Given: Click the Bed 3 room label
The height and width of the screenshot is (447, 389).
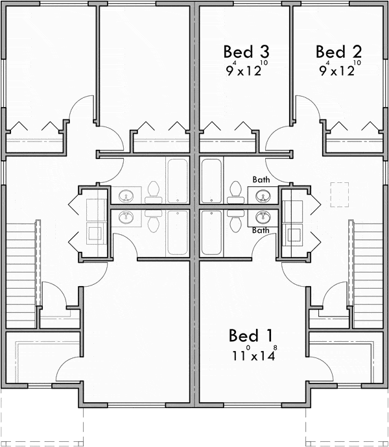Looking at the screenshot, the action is click(246, 52).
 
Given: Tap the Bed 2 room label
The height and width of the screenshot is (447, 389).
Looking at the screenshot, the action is click(338, 52).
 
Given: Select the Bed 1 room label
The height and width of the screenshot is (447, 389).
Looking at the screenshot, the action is click(250, 335).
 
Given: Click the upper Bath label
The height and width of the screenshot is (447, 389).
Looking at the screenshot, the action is click(261, 180).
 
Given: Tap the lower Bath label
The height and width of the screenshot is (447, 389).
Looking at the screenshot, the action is click(261, 230).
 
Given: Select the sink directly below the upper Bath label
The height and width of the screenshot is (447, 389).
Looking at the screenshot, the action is click(262, 196).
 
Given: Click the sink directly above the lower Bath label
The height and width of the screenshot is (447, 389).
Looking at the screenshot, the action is click(262, 217).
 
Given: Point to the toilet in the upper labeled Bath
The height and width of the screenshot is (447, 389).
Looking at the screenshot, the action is click(236, 192).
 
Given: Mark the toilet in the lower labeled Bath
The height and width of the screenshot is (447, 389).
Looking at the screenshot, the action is click(236, 221).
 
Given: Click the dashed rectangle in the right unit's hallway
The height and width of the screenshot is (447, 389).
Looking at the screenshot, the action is click(340, 195).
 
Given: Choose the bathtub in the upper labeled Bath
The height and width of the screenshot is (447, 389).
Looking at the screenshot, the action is click(211, 181).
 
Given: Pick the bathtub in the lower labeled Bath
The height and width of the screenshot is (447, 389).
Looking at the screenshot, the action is click(211, 232).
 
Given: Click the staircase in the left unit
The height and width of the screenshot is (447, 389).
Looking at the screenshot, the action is click(21, 275).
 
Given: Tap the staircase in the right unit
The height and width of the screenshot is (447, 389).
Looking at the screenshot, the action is click(368, 275).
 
